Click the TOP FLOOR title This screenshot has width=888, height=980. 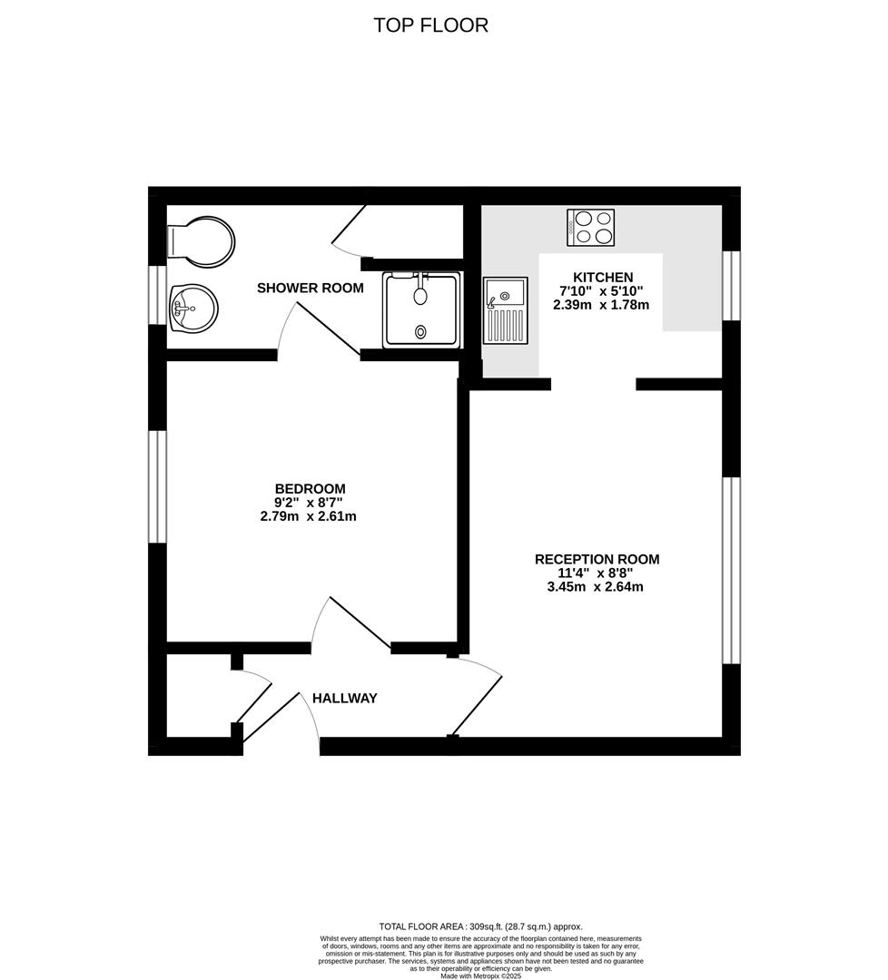coord(430,25)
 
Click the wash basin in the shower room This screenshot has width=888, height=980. coord(193,307)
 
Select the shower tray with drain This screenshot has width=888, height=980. coord(421,309)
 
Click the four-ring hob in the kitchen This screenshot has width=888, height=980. coord(591,227)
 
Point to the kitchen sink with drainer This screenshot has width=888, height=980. coord(505,310)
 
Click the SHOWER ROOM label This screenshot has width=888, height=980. coord(310,289)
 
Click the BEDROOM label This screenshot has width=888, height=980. coord(311,488)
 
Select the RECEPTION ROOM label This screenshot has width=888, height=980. coord(597,559)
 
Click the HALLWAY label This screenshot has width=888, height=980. coord(344,698)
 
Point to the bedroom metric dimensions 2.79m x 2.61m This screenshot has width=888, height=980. coord(308,517)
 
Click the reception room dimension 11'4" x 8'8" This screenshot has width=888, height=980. coord(596,573)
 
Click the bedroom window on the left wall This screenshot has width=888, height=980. coord(158,486)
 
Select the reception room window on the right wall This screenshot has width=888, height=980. coord(731,571)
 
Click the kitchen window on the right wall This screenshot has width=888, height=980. coord(731,286)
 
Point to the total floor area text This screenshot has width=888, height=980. coord(480,926)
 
